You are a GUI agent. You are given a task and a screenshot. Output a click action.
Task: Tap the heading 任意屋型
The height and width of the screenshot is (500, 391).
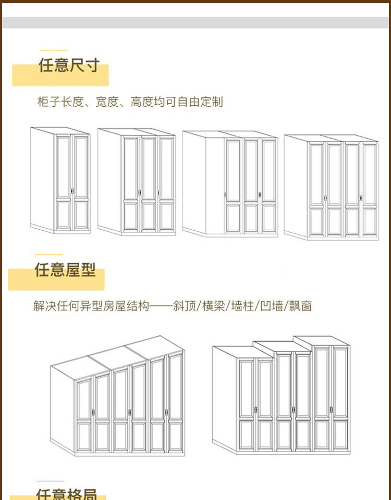pyautogui.click(x=65, y=270)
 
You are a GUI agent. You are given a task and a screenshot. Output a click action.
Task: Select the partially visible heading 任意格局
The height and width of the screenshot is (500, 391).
pyautogui.click(x=66, y=493)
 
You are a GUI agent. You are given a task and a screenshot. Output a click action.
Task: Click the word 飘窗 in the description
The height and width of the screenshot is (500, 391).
pyautogui.click(x=300, y=306)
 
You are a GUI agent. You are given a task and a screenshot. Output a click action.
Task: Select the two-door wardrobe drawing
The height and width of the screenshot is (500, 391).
pyautogui.click(x=60, y=180)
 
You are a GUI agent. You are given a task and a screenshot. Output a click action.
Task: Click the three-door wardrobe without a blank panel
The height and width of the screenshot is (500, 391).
pyautogui.click(x=137, y=182)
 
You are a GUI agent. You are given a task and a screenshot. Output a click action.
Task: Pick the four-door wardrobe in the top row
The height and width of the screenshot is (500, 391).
pyautogui.click(x=332, y=187)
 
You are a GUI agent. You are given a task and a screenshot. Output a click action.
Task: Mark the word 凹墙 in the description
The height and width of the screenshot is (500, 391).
pyautogui.click(x=271, y=306)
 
